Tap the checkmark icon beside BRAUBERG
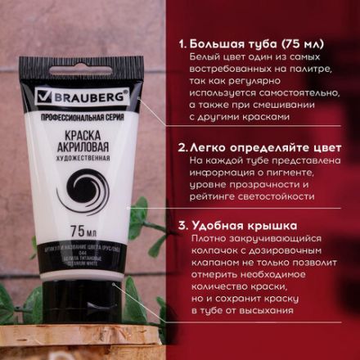[45, 97]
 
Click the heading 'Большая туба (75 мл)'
[254, 43]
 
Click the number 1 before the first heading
[180, 43]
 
